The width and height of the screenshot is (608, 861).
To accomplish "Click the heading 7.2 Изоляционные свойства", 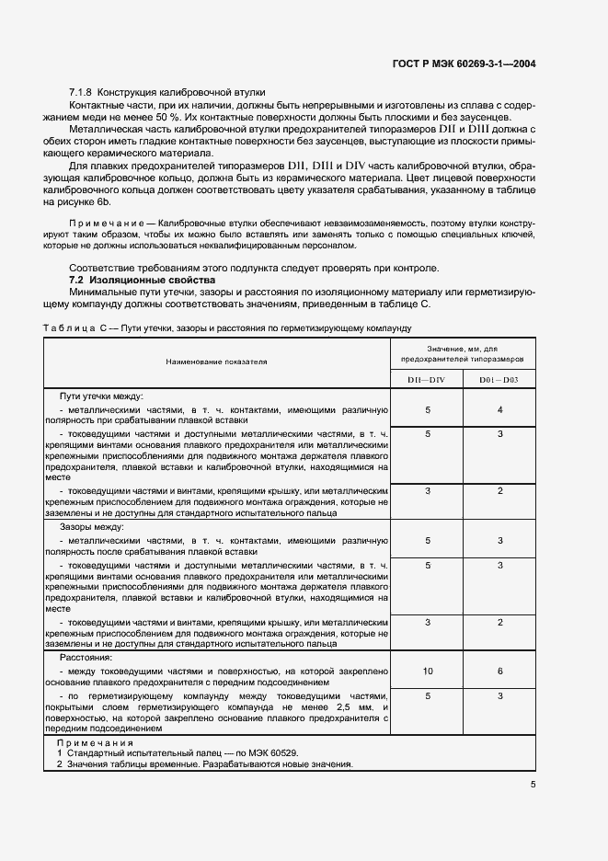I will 143,279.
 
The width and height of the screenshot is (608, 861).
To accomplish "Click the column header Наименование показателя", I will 216,362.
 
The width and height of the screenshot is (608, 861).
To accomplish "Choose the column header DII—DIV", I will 428,380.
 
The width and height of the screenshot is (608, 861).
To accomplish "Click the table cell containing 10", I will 428,672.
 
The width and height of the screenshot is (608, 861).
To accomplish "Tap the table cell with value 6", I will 499,672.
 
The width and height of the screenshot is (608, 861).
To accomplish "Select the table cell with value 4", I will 499,409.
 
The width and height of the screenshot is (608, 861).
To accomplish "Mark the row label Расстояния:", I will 86,659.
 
